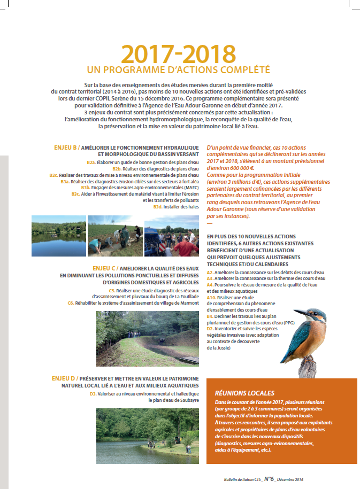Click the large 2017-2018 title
(178, 54)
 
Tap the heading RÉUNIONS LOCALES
(244, 392)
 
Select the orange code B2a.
(91, 162)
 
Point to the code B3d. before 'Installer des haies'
(157, 206)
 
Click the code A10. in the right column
(212, 297)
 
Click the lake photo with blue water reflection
(58, 236)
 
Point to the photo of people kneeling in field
(114, 236)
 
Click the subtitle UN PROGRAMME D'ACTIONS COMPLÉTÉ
(178, 70)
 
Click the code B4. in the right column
(210, 316)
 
